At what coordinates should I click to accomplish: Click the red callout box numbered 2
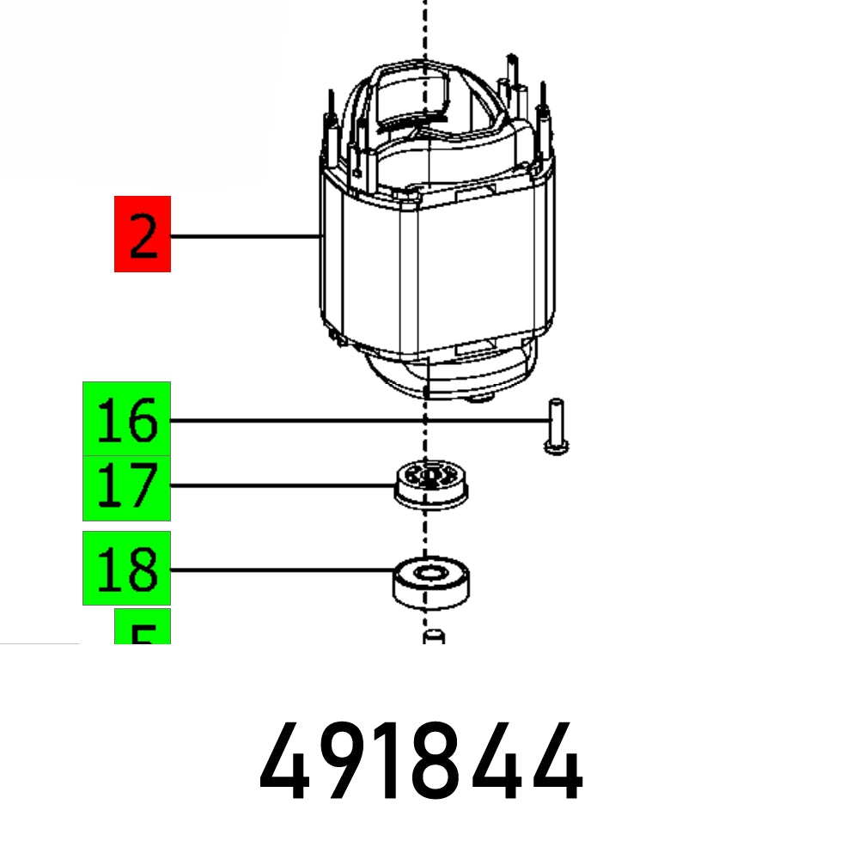(x=143, y=234)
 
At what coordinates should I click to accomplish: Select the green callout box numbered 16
(x=126, y=419)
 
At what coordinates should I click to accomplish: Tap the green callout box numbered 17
(x=126, y=488)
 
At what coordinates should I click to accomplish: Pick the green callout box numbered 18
(x=126, y=568)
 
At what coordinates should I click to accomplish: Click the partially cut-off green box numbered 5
(x=143, y=627)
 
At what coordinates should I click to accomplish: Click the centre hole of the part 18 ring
(x=430, y=571)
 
